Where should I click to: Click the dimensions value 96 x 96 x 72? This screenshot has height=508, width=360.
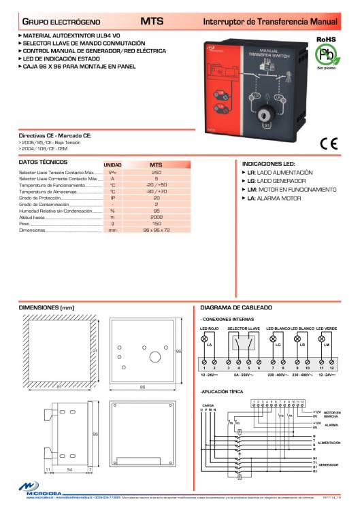(x=156, y=230)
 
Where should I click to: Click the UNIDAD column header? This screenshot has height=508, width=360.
(x=112, y=165)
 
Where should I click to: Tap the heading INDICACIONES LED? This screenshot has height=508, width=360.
(x=268, y=164)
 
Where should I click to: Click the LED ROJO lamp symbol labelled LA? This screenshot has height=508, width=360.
(x=205, y=338)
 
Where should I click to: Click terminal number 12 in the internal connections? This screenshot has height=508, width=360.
(x=331, y=367)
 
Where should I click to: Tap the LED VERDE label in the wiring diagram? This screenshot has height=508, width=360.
(x=326, y=328)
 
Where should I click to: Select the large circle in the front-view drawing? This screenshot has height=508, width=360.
(x=154, y=355)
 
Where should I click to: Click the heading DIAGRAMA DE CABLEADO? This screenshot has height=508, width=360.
(x=235, y=307)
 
